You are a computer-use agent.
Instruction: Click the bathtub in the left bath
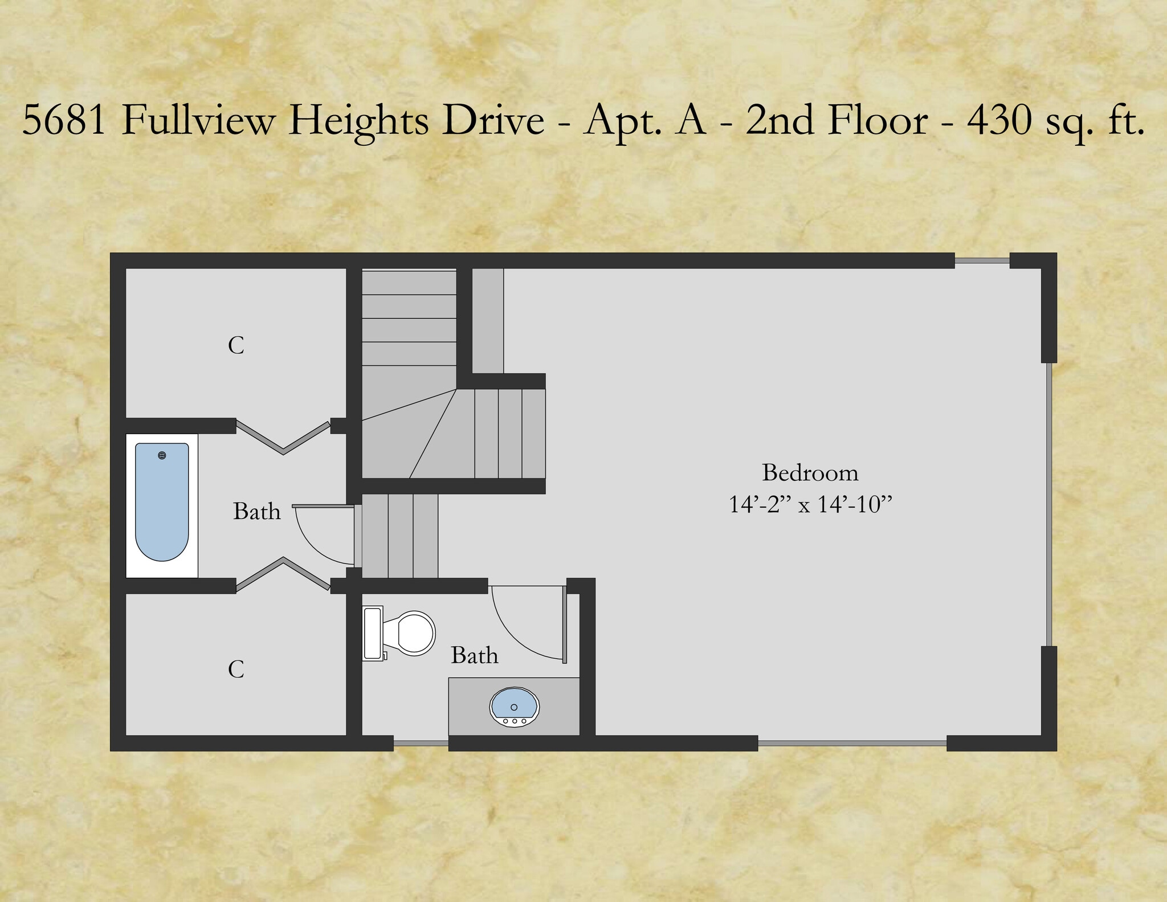point(162,501)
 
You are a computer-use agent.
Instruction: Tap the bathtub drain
point(162,455)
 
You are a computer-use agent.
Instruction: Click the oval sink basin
point(514,705)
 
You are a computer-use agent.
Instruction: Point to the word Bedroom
point(810,473)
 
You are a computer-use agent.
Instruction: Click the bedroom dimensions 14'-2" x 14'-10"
point(810,505)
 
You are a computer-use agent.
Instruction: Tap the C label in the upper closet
point(236,345)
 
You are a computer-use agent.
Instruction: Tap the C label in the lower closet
point(236,669)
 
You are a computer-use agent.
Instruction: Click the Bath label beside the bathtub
point(256,512)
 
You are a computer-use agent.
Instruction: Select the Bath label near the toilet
point(474,655)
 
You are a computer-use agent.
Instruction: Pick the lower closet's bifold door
point(283,573)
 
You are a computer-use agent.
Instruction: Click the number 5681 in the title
point(64,120)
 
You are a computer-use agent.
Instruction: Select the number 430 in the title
point(999,120)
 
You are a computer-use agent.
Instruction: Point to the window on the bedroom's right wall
point(1049,504)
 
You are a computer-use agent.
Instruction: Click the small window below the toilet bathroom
point(421,743)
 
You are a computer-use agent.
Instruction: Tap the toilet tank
point(372,633)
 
